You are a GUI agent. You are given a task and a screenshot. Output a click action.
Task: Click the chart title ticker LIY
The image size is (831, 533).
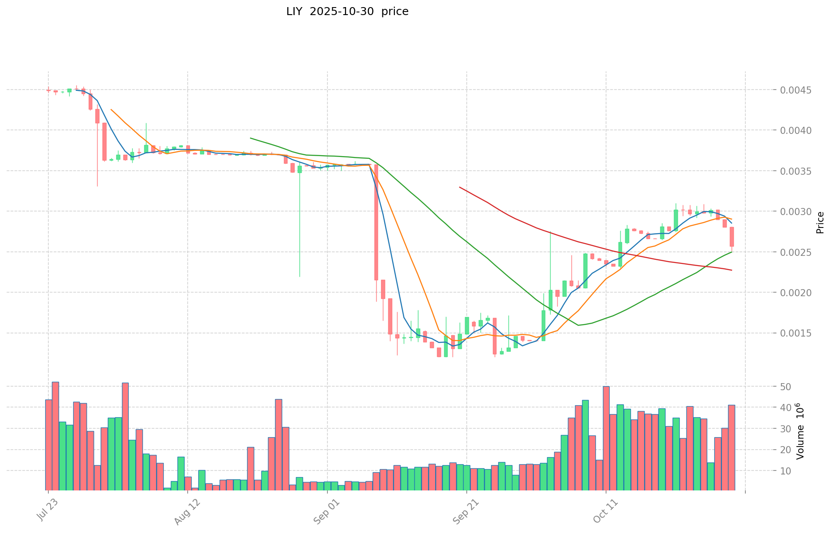(x=294, y=12)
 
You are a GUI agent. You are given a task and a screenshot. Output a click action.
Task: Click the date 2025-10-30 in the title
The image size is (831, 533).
(x=341, y=12)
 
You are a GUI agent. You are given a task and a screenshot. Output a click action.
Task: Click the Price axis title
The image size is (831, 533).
(x=820, y=223)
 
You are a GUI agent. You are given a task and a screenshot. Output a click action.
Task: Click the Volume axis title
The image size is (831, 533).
(x=800, y=431)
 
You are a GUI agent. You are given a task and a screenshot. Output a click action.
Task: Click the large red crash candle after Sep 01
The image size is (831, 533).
(x=376, y=222)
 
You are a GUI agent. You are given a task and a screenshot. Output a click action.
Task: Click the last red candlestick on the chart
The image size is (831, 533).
(x=732, y=237)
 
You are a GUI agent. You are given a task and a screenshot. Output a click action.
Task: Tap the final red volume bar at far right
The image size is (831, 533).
(x=732, y=447)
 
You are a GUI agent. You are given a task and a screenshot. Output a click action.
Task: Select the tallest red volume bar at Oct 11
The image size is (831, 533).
(x=606, y=438)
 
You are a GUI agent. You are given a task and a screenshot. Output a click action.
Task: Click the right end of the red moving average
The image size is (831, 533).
(x=732, y=270)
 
